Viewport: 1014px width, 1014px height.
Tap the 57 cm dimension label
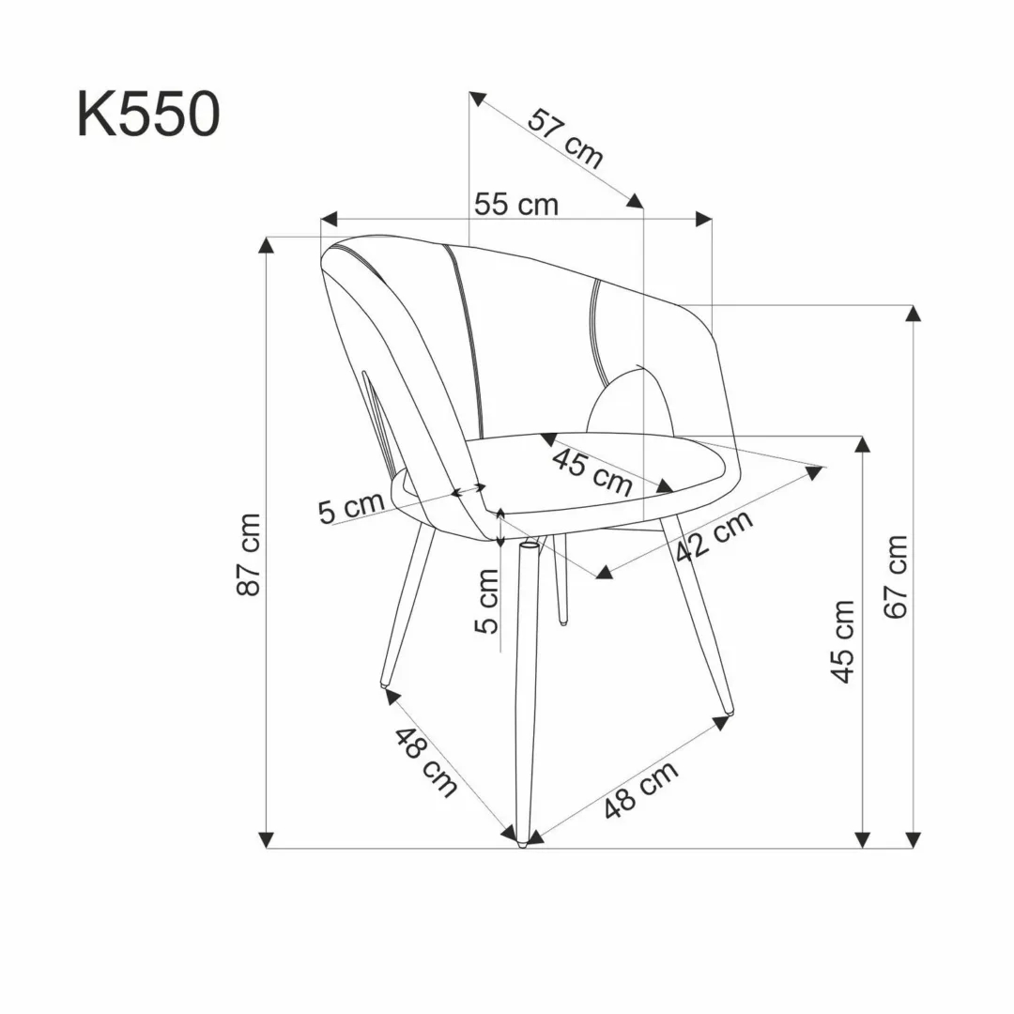(564, 138)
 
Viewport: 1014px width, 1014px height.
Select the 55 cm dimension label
(515, 204)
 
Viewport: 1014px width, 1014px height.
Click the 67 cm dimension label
(897, 576)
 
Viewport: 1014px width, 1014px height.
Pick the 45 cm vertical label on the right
(844, 641)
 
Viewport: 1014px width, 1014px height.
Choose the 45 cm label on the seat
(591, 471)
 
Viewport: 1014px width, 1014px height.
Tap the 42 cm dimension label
(714, 536)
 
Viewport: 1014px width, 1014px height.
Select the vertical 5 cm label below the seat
(487, 601)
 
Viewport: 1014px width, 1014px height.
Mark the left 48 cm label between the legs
(425, 761)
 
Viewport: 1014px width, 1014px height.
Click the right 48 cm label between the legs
(641, 790)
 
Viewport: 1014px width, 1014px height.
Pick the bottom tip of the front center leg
(522, 844)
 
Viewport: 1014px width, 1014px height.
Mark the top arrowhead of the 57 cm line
(477, 98)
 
